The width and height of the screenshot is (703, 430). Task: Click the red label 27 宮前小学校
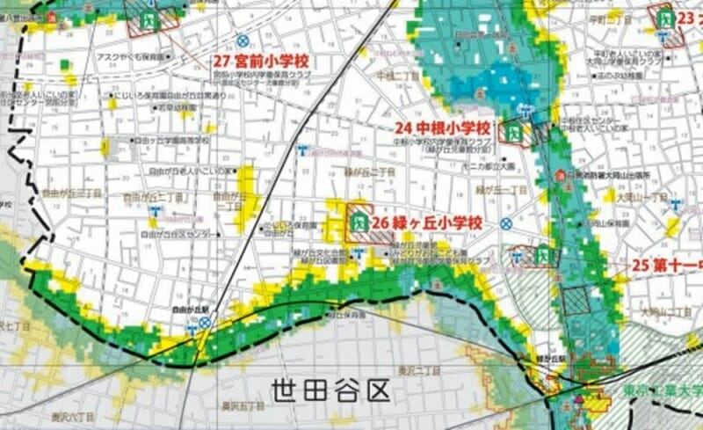[264, 62]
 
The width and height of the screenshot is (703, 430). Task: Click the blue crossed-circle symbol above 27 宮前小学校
[242, 40]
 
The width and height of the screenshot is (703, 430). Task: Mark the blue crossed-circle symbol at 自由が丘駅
[205, 323]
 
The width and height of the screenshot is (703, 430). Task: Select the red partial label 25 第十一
[668, 265]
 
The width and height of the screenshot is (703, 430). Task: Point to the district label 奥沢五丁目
[238, 406]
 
